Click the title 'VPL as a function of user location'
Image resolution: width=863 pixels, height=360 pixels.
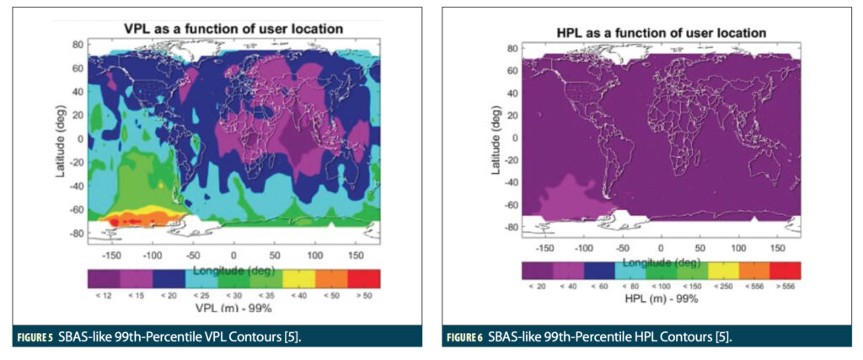[233, 29]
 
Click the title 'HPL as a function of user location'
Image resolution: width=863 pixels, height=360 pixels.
[661, 32]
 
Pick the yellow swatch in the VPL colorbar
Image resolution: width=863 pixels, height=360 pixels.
[298, 278]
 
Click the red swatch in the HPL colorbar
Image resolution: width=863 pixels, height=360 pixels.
[785, 270]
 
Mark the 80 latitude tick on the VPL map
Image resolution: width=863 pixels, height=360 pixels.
[76, 42]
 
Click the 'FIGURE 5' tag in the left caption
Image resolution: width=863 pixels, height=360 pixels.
[33, 337]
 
